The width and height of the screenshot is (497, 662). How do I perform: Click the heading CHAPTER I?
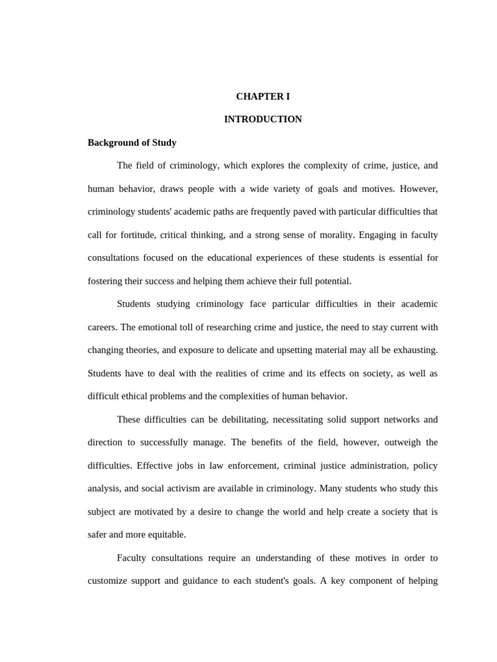click(x=263, y=96)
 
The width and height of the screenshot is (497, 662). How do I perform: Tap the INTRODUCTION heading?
click(x=263, y=120)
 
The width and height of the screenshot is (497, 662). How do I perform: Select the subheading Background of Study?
click(x=132, y=142)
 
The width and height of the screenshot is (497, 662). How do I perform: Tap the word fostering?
click(x=105, y=281)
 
